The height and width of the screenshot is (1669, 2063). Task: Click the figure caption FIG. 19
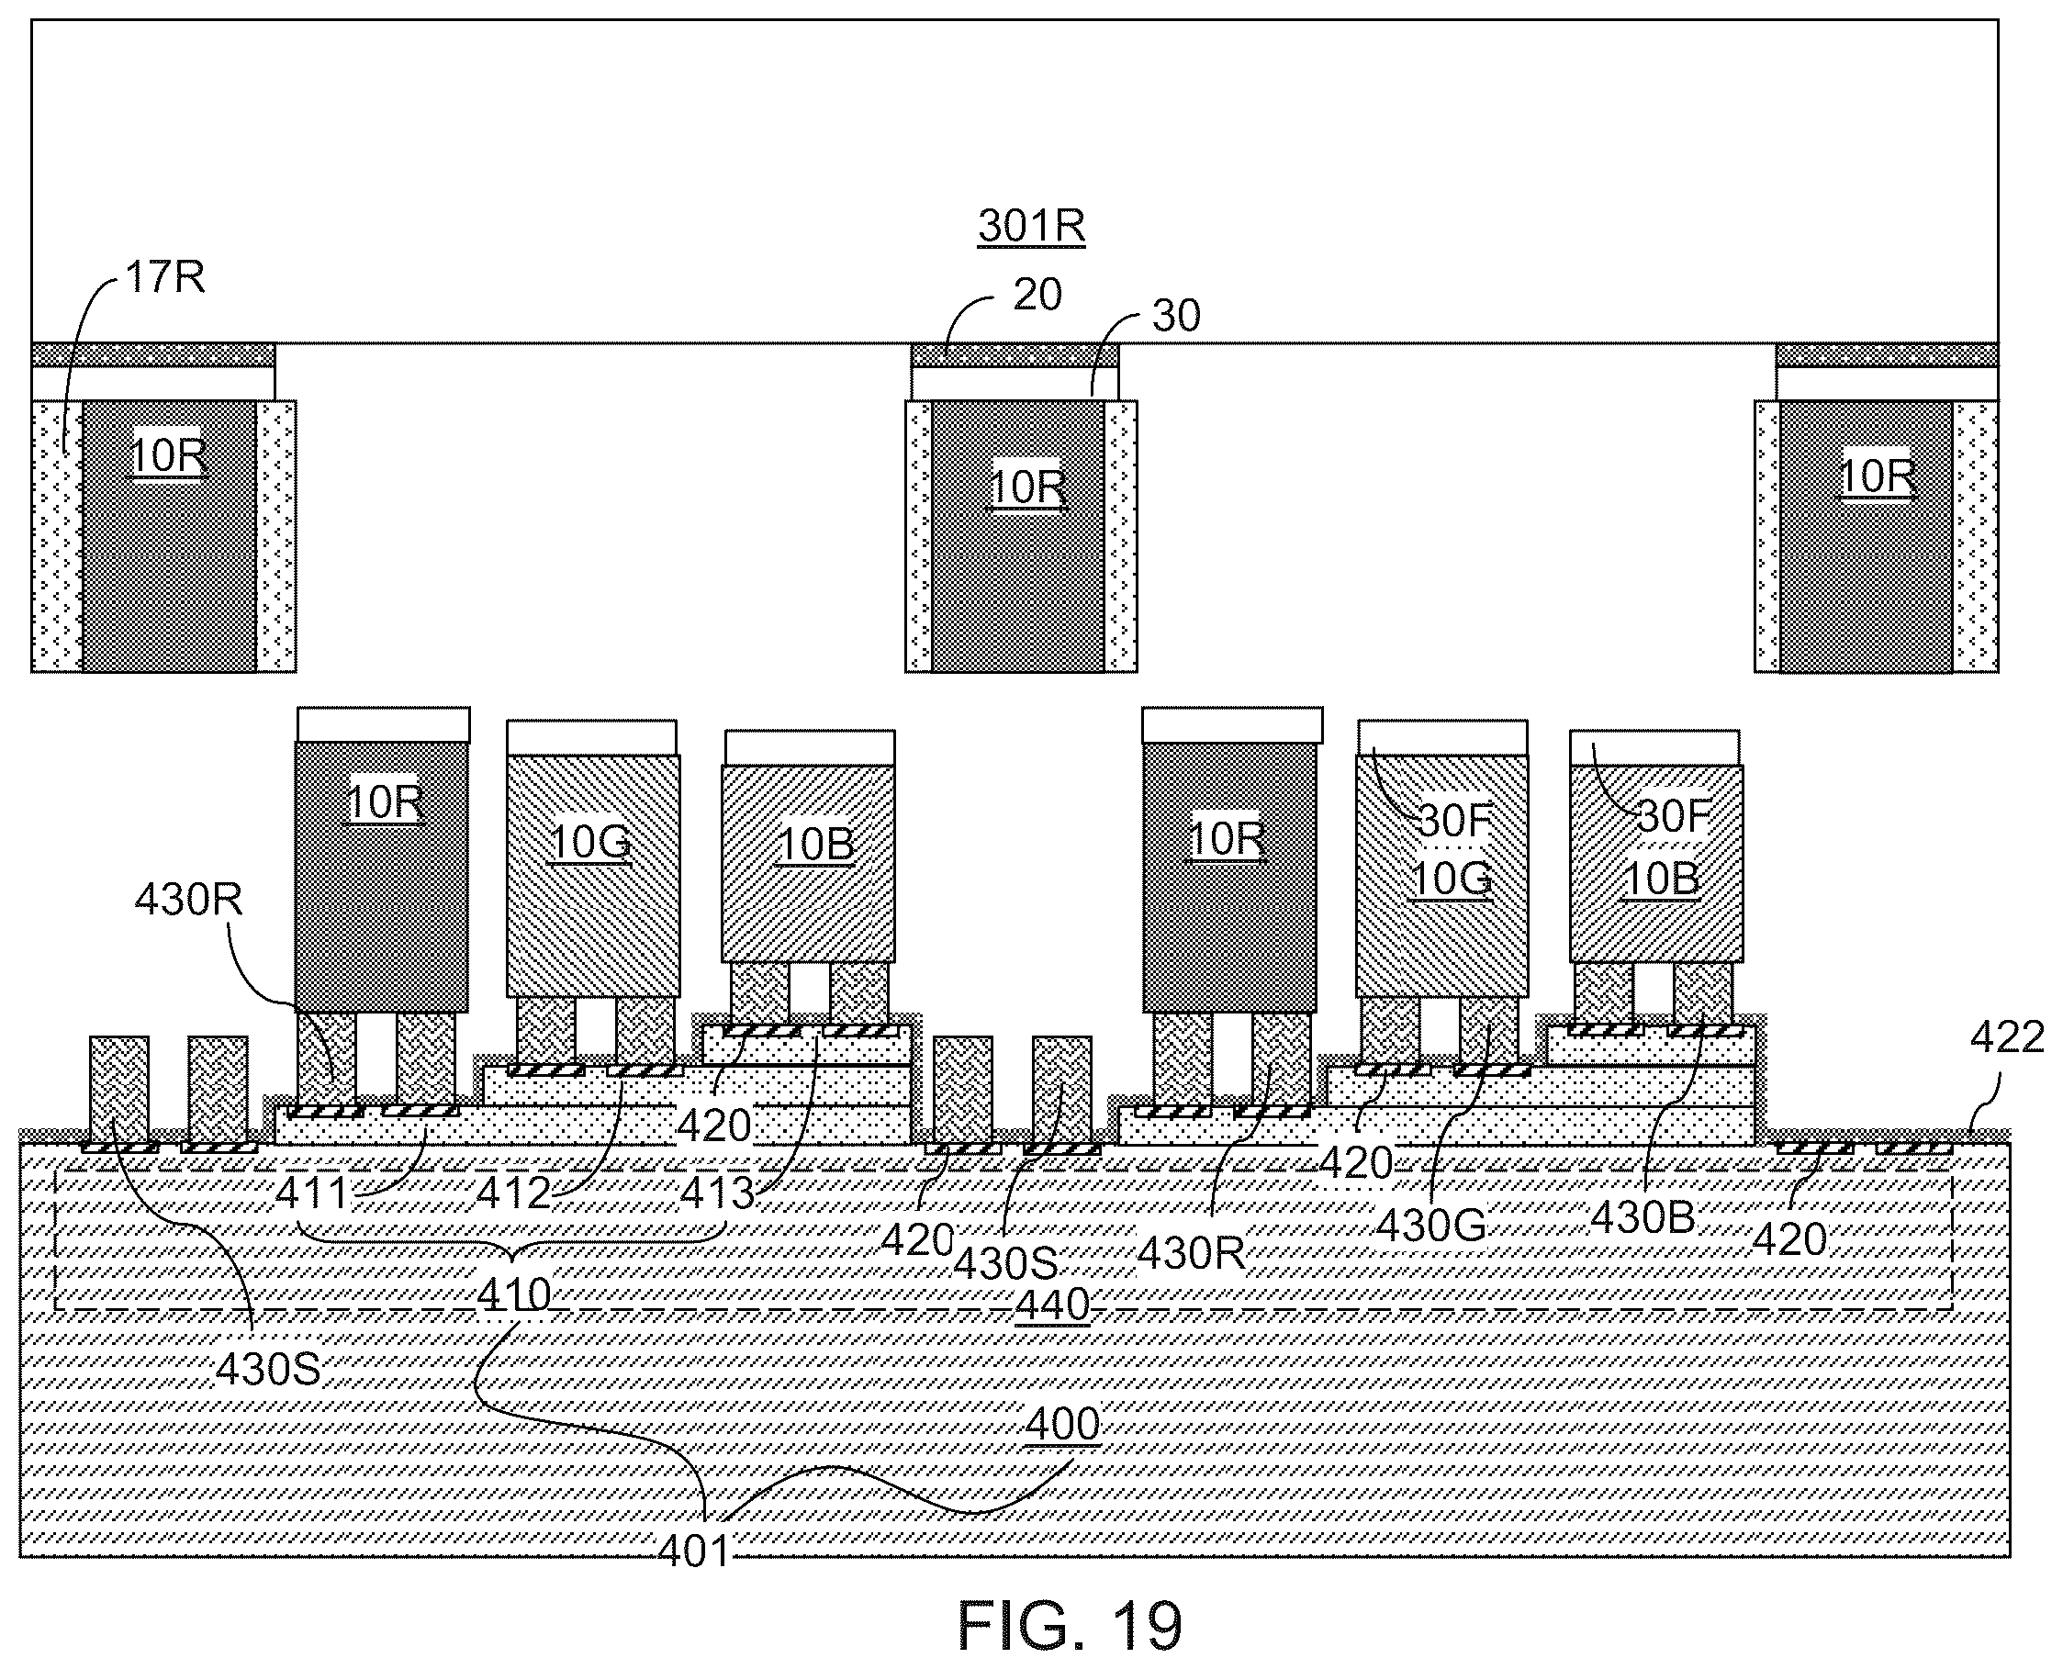[1069, 1625]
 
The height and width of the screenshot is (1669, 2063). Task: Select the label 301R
[1032, 226]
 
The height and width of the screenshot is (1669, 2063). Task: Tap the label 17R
[165, 277]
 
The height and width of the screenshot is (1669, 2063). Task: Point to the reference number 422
[2006, 1037]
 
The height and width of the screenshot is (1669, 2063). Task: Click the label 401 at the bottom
[694, 1550]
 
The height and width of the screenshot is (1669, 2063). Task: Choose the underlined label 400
[1062, 1424]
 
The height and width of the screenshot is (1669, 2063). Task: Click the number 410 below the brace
[514, 1295]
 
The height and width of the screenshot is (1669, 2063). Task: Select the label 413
[717, 1194]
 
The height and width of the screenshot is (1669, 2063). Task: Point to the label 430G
[1431, 1225]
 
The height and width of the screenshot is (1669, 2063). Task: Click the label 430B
[1642, 1218]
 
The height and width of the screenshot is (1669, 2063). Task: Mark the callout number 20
[1037, 294]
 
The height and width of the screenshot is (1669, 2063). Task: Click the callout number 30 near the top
[1176, 315]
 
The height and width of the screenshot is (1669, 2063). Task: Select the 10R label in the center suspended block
[1027, 488]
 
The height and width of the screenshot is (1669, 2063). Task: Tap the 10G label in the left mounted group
[591, 843]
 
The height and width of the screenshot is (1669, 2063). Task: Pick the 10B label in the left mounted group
[815, 846]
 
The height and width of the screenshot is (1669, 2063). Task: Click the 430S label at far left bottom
[267, 1369]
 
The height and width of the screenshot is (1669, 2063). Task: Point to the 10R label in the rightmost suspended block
[1876, 476]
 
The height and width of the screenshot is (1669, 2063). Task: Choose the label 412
[514, 1193]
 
